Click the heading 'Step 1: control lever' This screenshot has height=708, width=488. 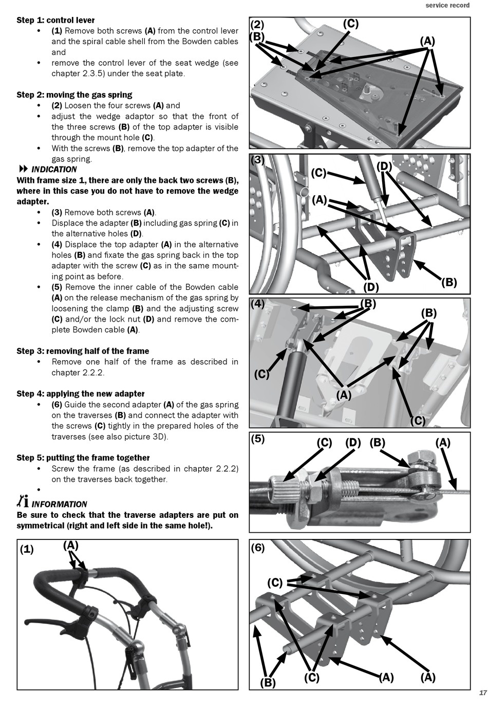coord(55,20)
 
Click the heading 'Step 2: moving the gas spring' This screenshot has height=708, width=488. coord(74,95)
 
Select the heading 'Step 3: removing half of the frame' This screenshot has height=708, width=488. coord(83,351)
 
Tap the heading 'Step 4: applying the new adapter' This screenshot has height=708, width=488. coord(80,394)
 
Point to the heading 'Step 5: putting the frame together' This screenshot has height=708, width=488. coord(83,458)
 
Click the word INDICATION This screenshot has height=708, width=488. coord(54,170)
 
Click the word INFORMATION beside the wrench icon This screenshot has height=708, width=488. coord(59,504)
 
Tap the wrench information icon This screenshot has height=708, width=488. coord(23,501)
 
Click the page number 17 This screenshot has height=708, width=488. coord(482,693)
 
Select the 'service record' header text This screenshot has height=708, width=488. coord(447,5)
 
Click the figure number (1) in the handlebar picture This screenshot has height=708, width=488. coord(27,549)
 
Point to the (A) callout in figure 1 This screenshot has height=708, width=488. coord(71,546)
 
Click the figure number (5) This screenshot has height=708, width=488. coord(258,439)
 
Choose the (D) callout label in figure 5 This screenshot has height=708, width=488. coord(353,442)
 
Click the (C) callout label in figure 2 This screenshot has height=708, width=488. coord(350,24)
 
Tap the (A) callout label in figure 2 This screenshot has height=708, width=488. coord(427,41)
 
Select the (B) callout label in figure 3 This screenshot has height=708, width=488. coord(449,282)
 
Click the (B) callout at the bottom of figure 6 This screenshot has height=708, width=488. coord(268,683)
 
